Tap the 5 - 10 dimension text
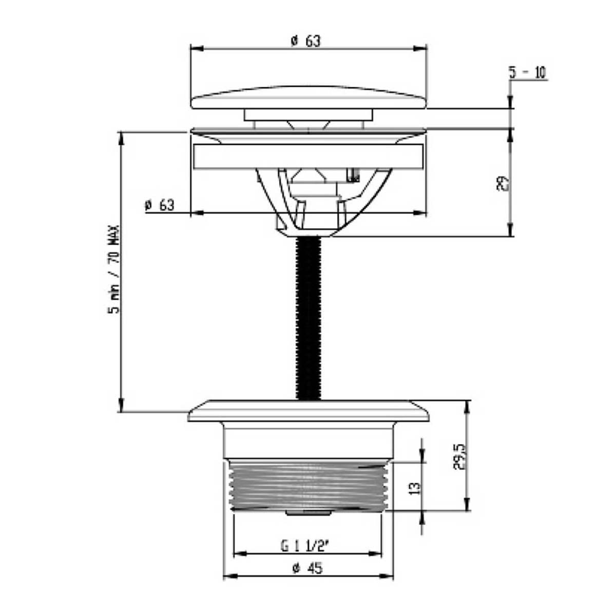pyautogui.click(x=528, y=73)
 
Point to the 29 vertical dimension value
pyautogui.click(x=503, y=183)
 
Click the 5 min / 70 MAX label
pyautogui.click(x=113, y=269)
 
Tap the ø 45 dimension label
pyautogui.click(x=307, y=568)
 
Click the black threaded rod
pyautogui.click(x=309, y=318)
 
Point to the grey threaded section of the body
pyautogui.click(x=308, y=486)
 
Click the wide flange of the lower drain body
pyautogui.click(x=308, y=411)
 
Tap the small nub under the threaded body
pyautogui.click(x=308, y=512)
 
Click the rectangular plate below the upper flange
pyautogui.click(x=309, y=157)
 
